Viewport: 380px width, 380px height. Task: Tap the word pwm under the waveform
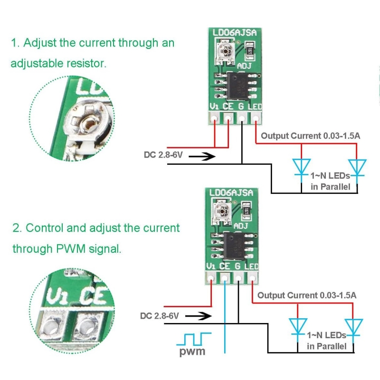coord(192,352)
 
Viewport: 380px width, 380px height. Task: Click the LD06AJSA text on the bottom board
coord(230,193)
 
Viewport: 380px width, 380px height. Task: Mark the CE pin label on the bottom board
coord(225,266)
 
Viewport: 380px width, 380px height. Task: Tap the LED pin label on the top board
coord(256,107)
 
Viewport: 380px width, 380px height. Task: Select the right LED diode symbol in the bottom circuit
coord(353,326)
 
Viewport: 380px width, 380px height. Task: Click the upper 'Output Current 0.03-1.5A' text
coord(311,136)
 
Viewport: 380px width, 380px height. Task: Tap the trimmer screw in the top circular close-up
coord(88,125)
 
